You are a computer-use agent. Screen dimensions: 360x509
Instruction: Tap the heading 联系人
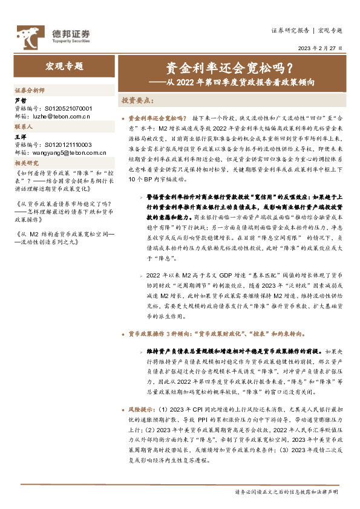(25, 128)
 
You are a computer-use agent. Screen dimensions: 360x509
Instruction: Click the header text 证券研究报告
(290, 30)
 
